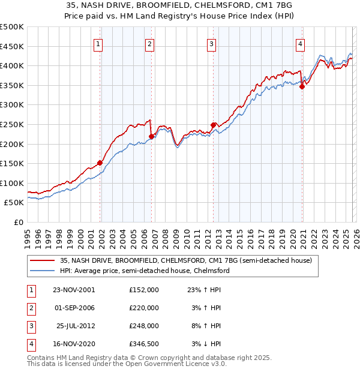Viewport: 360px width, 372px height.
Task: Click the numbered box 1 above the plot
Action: click(98, 43)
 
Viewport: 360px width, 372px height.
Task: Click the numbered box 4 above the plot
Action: click(299, 43)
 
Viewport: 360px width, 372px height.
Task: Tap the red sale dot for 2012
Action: click(213, 125)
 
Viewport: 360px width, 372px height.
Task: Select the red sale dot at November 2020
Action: click(302, 87)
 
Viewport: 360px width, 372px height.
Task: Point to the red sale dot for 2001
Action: click(100, 163)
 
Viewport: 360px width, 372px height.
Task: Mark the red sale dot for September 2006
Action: click(151, 136)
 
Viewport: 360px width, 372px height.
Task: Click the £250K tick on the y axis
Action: click(11, 124)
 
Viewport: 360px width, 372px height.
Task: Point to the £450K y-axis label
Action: click(11, 46)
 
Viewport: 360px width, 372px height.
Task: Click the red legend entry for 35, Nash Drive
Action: click(185, 261)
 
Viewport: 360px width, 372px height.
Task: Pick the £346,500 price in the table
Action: click(144, 344)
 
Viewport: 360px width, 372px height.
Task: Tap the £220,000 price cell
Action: click(144, 308)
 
